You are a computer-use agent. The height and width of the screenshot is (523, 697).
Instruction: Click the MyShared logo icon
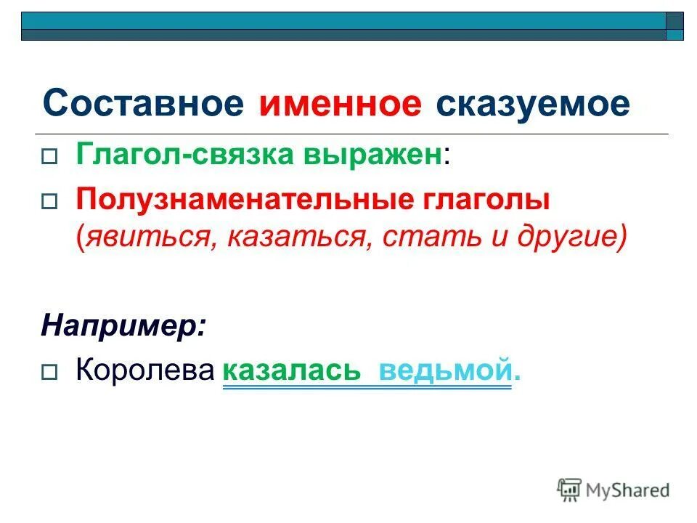[570, 490]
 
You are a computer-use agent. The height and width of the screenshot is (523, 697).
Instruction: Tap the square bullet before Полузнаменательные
[49, 204]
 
